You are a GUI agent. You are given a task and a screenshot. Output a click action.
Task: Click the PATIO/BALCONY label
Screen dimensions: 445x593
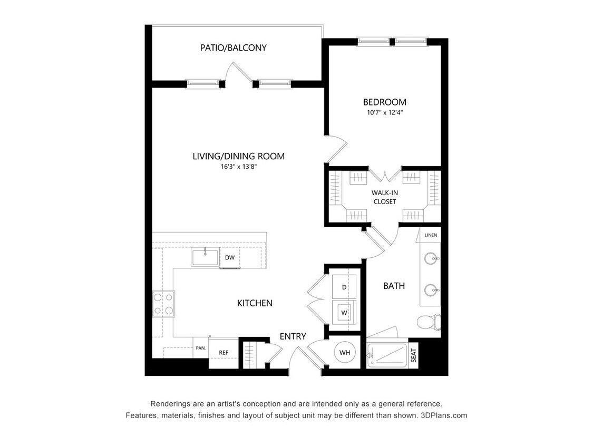(x=233, y=48)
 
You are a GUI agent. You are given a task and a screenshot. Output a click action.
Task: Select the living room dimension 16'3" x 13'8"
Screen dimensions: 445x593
(x=238, y=167)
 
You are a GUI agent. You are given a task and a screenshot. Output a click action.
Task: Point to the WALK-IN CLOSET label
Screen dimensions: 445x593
(x=384, y=197)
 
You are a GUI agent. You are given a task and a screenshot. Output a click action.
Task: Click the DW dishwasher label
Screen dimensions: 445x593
(x=230, y=258)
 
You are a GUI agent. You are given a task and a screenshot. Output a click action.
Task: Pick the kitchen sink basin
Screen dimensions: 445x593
(x=205, y=258)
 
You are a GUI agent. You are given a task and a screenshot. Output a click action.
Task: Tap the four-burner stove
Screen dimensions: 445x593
(x=163, y=304)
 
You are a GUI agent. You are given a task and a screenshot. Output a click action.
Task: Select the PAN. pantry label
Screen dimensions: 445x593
(x=200, y=348)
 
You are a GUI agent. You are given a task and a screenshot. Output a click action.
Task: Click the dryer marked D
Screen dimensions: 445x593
(x=344, y=287)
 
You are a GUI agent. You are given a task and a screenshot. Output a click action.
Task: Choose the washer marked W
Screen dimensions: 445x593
(x=344, y=313)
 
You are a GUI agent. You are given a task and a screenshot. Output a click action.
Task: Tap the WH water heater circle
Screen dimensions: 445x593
(x=345, y=352)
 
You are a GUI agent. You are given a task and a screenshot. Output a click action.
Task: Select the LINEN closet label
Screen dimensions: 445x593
(x=431, y=235)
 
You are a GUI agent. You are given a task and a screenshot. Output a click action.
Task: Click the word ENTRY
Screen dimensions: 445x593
(x=293, y=336)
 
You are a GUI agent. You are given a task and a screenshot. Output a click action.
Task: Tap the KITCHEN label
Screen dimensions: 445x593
(x=255, y=303)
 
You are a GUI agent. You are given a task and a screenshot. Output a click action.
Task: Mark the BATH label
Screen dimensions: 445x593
(x=394, y=286)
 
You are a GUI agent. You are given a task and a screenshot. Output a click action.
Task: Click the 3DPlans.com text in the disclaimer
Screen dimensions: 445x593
(x=444, y=415)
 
